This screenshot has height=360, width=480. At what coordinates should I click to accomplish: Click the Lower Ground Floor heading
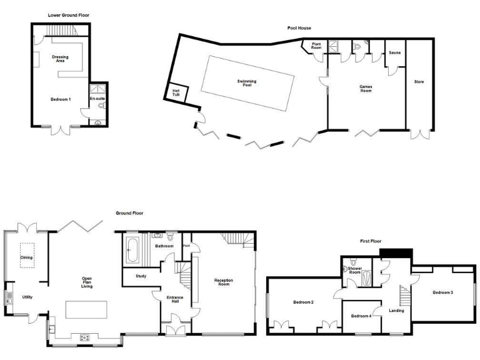point(68,14)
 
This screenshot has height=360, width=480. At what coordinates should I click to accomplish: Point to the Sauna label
point(394,53)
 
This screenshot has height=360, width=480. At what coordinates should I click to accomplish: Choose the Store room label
point(419,82)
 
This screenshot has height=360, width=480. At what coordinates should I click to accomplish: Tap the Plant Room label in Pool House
point(316,46)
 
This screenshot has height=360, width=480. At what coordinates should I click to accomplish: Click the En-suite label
point(97,99)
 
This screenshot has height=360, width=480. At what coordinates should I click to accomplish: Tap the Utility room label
point(27,297)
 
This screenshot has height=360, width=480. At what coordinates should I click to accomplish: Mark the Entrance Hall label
point(174,299)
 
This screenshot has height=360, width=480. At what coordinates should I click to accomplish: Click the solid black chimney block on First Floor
point(396,252)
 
